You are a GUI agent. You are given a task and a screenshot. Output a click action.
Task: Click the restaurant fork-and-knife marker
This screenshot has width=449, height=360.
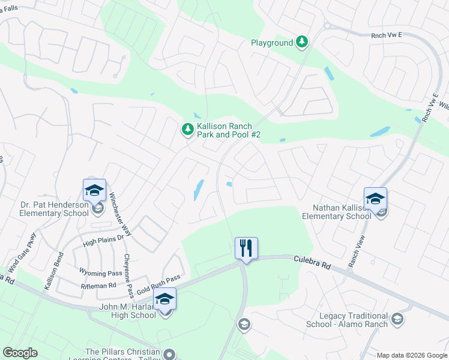click(x=246, y=248)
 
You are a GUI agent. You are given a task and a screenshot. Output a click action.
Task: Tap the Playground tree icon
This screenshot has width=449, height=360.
click(x=303, y=42)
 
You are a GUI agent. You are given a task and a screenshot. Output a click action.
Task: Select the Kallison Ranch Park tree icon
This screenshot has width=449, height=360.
click(x=188, y=129)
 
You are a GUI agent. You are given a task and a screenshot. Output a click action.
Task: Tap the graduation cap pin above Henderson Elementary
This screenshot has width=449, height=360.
click(x=95, y=191)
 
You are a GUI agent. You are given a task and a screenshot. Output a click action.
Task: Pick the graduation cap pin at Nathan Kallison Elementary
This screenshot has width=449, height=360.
click(x=375, y=199)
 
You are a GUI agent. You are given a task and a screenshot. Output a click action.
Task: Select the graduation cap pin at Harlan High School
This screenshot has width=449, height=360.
click(x=164, y=299)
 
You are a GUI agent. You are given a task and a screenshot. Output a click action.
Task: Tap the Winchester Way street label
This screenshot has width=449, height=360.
click(x=120, y=213)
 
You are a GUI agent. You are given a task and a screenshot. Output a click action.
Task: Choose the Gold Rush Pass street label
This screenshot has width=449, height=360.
click(x=158, y=284)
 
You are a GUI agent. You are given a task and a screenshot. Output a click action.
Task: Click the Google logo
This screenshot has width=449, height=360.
click(x=20, y=353)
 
